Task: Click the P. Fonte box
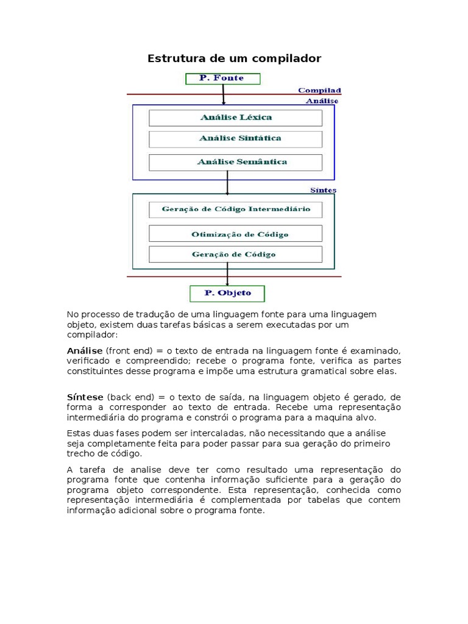(x=222, y=79)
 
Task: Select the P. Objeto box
(x=227, y=293)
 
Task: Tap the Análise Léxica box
(x=235, y=118)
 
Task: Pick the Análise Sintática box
(x=235, y=139)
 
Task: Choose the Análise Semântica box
(x=235, y=162)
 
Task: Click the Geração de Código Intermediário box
(x=235, y=210)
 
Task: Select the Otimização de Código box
(x=235, y=234)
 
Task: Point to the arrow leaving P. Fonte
(x=224, y=94)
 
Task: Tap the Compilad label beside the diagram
(x=319, y=90)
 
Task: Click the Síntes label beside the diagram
(x=323, y=190)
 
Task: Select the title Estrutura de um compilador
(x=234, y=58)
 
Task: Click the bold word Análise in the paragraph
(x=85, y=350)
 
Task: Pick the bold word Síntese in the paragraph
(x=85, y=397)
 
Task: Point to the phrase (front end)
(x=129, y=350)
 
